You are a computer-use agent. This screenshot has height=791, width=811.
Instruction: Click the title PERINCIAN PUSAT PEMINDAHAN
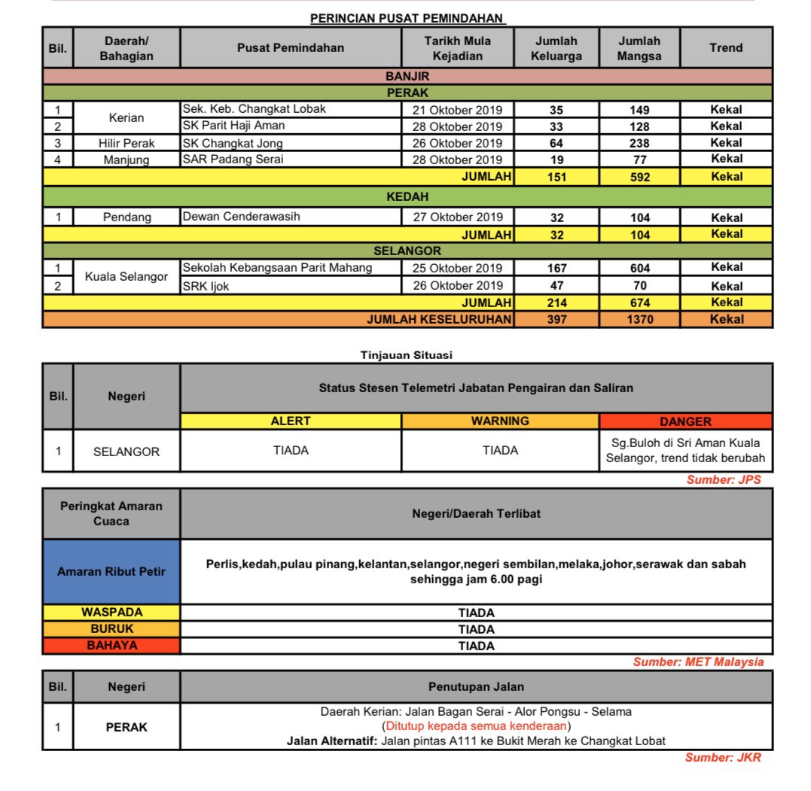[x=407, y=18]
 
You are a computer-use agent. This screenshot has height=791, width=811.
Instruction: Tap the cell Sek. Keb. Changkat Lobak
[x=255, y=109]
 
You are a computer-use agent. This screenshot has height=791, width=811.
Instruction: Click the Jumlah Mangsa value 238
[x=639, y=143]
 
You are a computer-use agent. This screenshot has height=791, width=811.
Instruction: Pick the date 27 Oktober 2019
[x=457, y=218]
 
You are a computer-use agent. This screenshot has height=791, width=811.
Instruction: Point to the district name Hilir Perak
[x=127, y=143]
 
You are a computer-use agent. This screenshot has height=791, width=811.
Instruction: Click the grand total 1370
[x=639, y=319]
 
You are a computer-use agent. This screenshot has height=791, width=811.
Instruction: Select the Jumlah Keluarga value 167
[x=556, y=268]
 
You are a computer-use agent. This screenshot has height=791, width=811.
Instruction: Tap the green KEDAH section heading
[x=407, y=197]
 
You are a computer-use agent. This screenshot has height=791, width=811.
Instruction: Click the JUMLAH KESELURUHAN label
[x=439, y=319]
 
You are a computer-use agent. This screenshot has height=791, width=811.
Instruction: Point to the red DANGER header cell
[x=685, y=421]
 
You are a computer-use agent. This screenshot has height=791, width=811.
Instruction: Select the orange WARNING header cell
[x=500, y=421]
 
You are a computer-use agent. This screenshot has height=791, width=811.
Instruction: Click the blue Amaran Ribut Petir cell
[x=111, y=571]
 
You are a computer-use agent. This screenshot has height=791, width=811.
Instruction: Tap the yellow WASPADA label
[x=111, y=613]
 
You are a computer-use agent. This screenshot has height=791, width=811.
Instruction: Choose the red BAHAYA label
[x=111, y=645]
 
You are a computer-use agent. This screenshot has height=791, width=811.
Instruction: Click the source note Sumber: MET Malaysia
[x=698, y=662]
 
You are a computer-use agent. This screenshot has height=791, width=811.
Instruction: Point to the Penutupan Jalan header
[x=476, y=686]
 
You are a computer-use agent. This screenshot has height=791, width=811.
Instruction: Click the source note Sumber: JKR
[x=723, y=758]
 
